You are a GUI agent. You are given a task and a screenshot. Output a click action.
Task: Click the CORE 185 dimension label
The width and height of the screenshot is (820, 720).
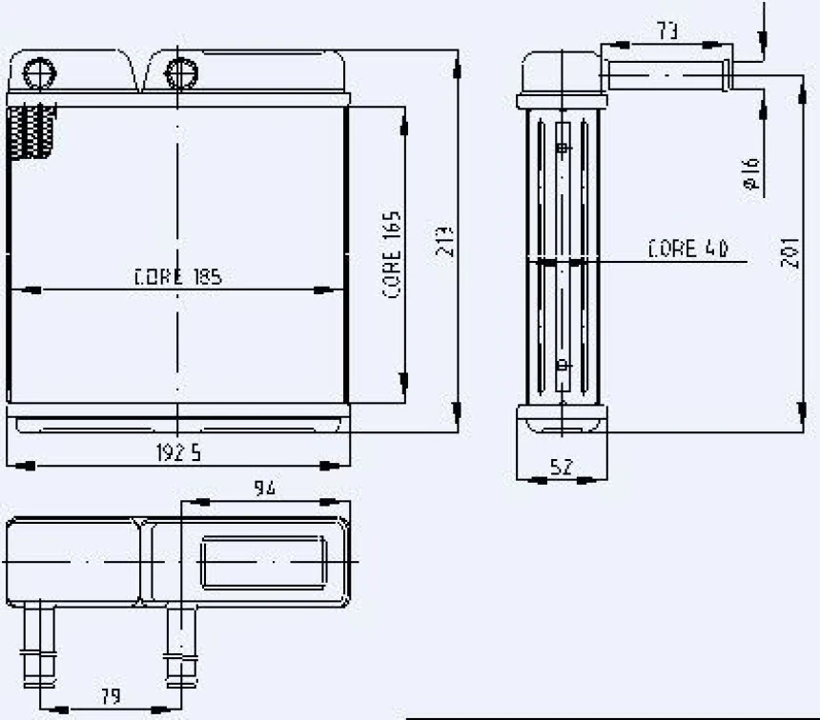tap(178, 277)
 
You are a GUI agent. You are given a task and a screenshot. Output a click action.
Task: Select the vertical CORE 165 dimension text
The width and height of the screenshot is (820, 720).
tap(393, 255)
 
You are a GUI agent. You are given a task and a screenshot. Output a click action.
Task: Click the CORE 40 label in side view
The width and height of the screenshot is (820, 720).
tap(687, 250)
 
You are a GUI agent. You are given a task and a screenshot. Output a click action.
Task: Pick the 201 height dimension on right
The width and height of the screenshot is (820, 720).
tap(789, 252)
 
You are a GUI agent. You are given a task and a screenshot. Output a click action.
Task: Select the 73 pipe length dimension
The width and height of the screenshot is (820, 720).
tap(667, 30)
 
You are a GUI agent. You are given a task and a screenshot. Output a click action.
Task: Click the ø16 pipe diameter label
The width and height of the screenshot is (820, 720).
tap(750, 175)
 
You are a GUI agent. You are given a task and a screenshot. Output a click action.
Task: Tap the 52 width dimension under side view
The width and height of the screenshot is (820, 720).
tap(563, 467)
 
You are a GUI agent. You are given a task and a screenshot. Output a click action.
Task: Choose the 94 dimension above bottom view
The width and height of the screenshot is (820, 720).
tap(264, 488)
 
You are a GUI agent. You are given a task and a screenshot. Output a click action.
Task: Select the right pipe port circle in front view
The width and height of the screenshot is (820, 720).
tap(179, 71)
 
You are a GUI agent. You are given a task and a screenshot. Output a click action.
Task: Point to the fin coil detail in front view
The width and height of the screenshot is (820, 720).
tap(31, 131)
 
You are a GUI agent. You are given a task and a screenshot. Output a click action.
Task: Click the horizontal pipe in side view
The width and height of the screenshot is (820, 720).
tap(667, 74)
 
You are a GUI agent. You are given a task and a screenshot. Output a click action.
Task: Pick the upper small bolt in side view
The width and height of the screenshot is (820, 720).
tap(563, 148)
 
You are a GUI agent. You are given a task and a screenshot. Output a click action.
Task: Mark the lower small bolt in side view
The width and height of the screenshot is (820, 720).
tap(563, 364)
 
